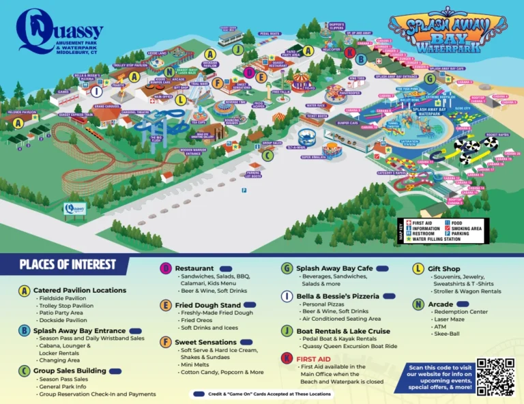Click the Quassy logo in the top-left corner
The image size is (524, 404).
point(59,31)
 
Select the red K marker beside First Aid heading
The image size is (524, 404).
point(286,358)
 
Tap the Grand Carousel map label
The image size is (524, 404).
point(108,107)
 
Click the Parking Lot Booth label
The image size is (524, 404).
point(253,174)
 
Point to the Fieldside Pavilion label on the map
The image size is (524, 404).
point(21,111)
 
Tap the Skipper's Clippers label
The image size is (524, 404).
point(336,25)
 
